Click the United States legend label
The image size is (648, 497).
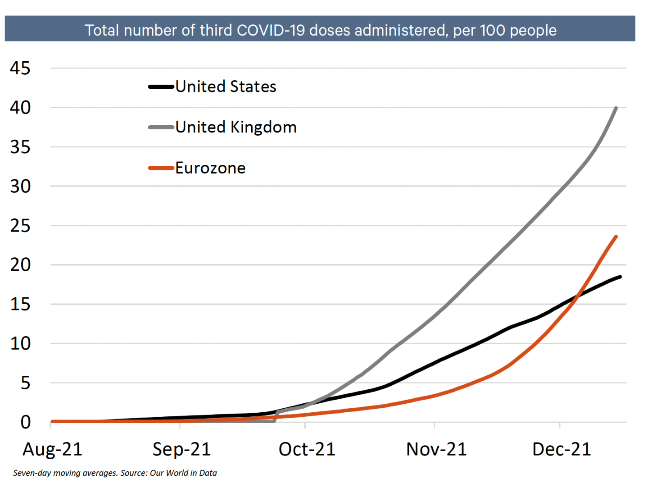tap(226, 87)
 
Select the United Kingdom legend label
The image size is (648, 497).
tap(236, 127)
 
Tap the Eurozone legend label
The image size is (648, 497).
tap(210, 168)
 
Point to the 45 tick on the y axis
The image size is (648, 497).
tap(20, 68)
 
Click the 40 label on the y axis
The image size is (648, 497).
tap(20, 108)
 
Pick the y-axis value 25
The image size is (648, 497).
tap(20, 226)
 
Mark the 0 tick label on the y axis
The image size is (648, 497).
tap(26, 422)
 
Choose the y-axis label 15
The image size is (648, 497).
tap(20, 305)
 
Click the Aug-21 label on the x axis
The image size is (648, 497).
tap(53, 449)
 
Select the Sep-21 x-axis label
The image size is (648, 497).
tap(181, 449)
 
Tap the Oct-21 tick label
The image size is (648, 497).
tap(307, 449)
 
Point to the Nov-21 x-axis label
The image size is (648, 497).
tap(436, 449)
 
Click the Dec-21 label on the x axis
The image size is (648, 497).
tap(562, 449)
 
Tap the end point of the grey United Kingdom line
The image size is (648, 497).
tap(616, 108)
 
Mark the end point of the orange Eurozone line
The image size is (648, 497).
tap(616, 237)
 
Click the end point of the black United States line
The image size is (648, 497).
tap(620, 277)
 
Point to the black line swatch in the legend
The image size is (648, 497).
tap(161, 87)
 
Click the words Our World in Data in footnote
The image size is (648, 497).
tap(183, 473)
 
